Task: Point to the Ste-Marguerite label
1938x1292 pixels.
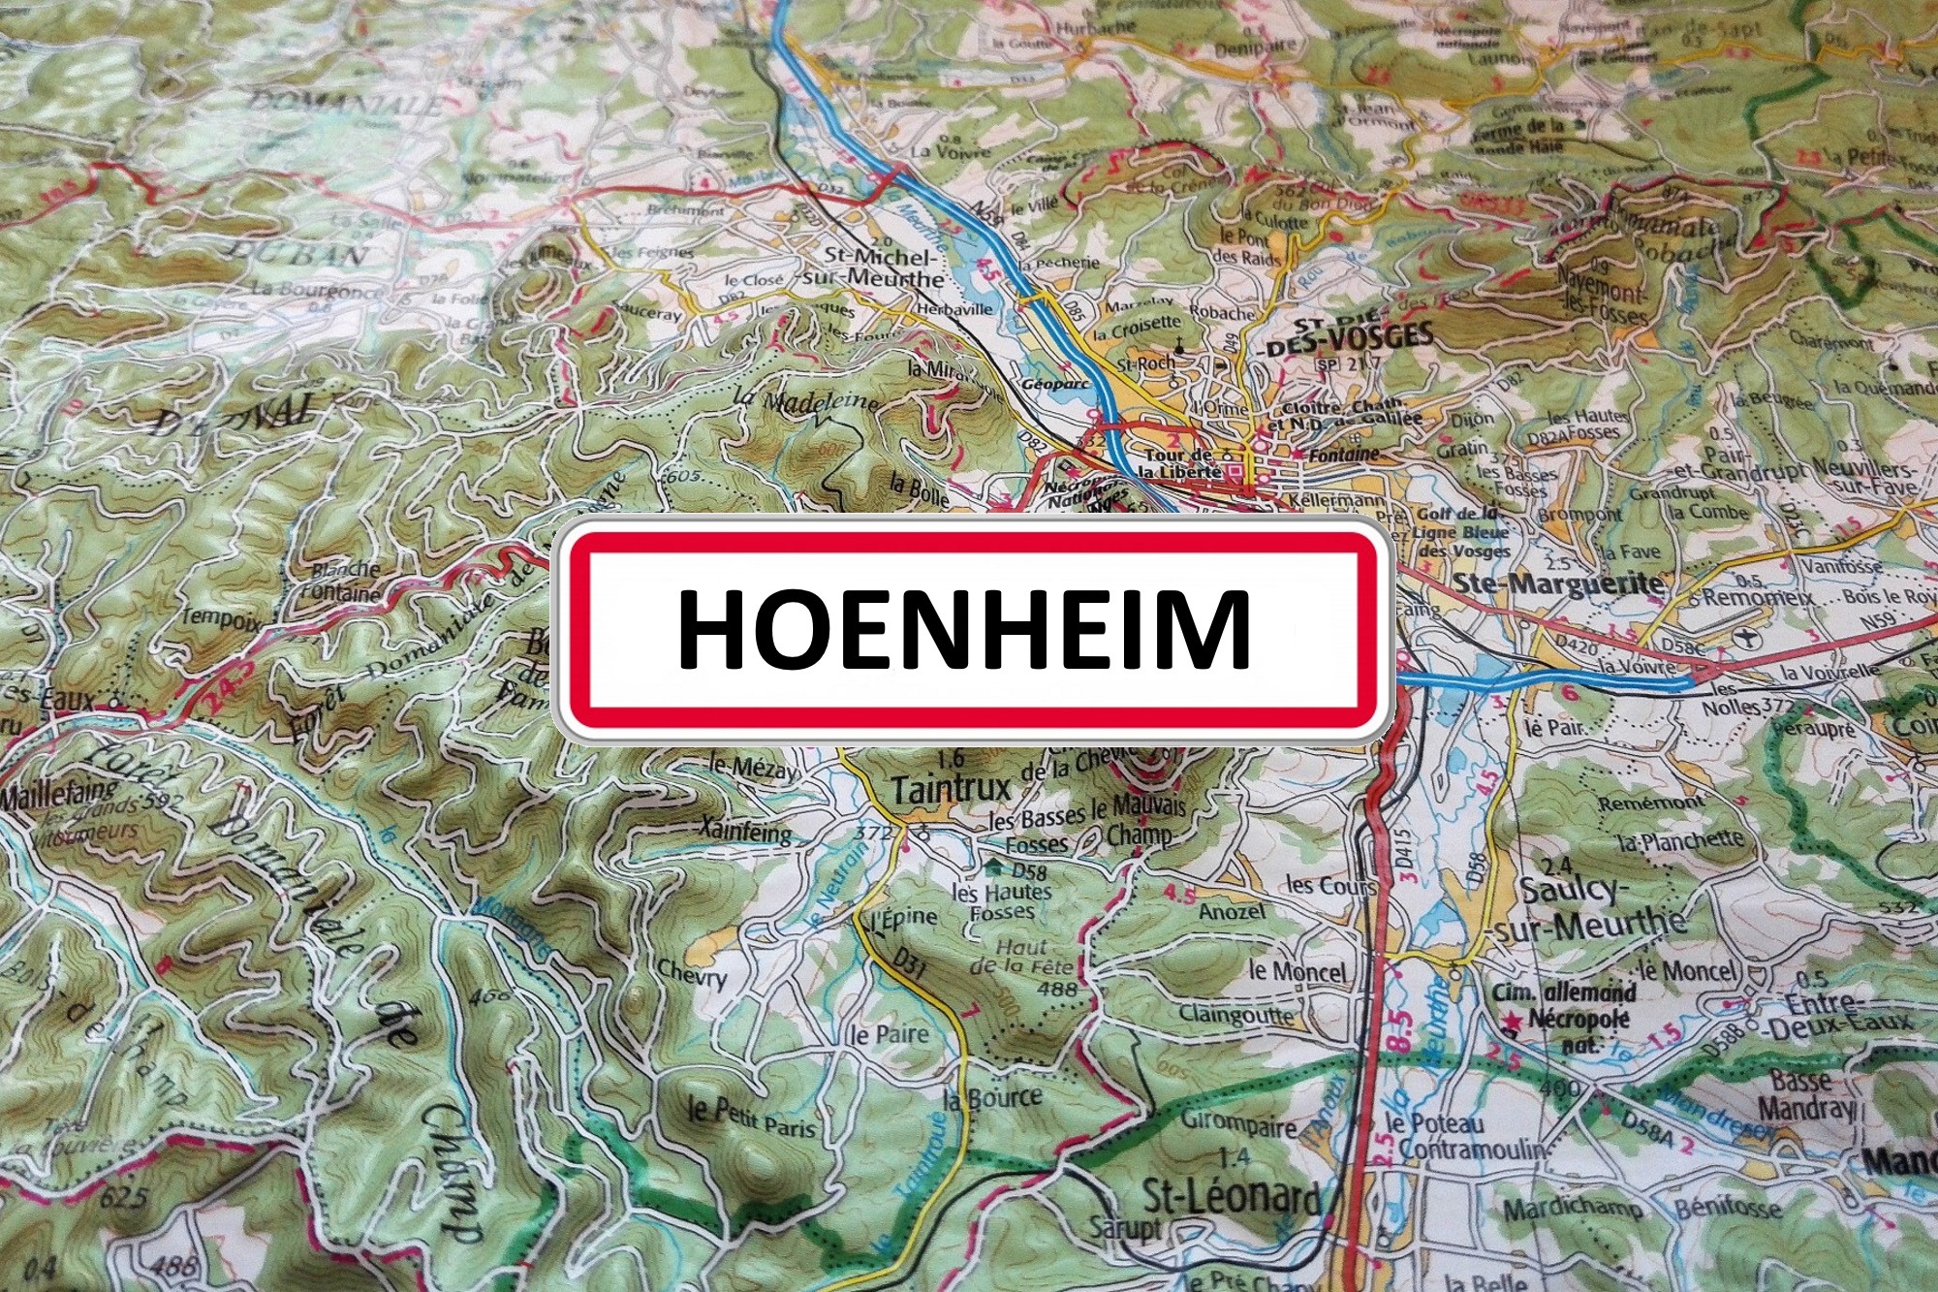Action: coord(1558,583)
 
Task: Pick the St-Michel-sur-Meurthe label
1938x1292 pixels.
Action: coord(882,268)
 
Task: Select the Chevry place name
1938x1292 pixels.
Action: coord(691,973)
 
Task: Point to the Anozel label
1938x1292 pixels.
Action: coord(1232,911)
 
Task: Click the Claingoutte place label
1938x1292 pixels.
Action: coord(1235,1015)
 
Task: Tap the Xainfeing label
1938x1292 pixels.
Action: coord(745,830)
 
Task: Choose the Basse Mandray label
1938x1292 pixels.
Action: coord(1805,1093)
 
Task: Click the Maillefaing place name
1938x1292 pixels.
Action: coord(48,797)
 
